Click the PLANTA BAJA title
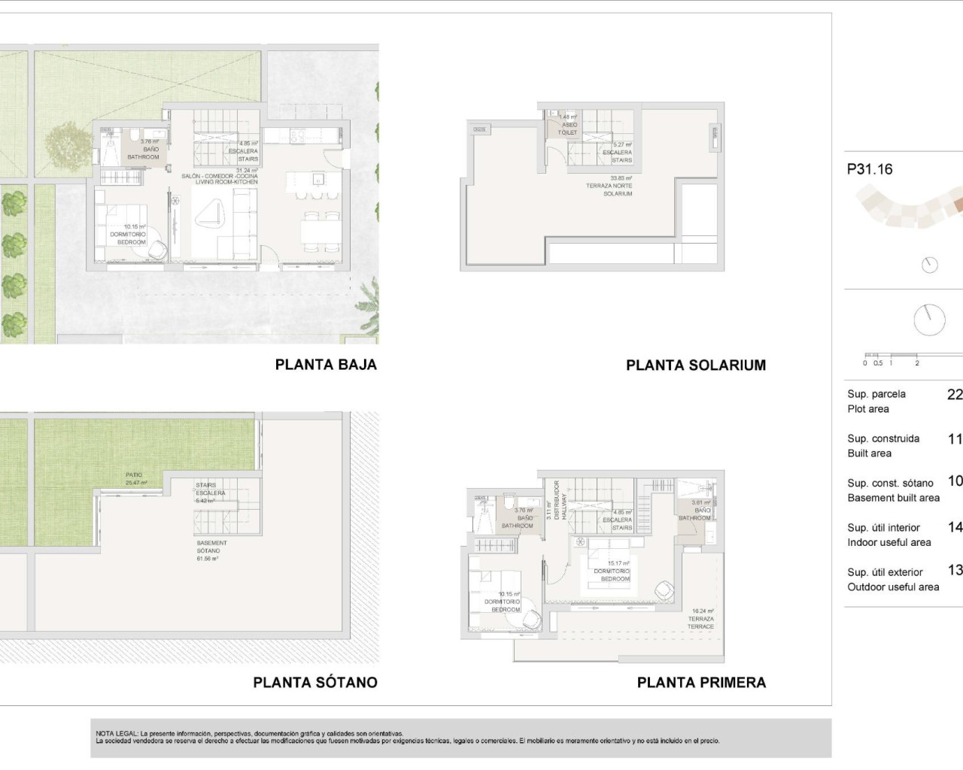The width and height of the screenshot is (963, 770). click(x=326, y=365)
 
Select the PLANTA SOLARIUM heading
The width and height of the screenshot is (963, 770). click(x=696, y=365)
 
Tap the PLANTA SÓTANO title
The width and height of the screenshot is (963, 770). click(x=315, y=683)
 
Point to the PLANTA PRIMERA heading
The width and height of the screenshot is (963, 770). click(x=701, y=683)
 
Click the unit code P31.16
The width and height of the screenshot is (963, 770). click(x=870, y=170)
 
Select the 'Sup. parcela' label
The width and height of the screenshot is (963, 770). click(x=876, y=394)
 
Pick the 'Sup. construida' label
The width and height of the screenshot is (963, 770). click(x=883, y=438)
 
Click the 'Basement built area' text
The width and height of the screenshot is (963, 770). click(x=893, y=498)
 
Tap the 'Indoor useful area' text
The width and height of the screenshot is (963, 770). click(x=889, y=542)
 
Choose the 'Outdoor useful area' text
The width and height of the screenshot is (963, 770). click(x=893, y=587)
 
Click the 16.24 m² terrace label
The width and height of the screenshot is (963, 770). click(x=701, y=619)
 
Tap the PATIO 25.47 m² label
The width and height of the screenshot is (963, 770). click(x=135, y=479)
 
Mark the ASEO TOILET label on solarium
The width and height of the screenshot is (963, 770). click(x=568, y=125)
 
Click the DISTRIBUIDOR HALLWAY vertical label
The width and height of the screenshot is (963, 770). click(x=556, y=500)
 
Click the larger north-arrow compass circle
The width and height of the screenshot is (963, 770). click(x=929, y=320)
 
